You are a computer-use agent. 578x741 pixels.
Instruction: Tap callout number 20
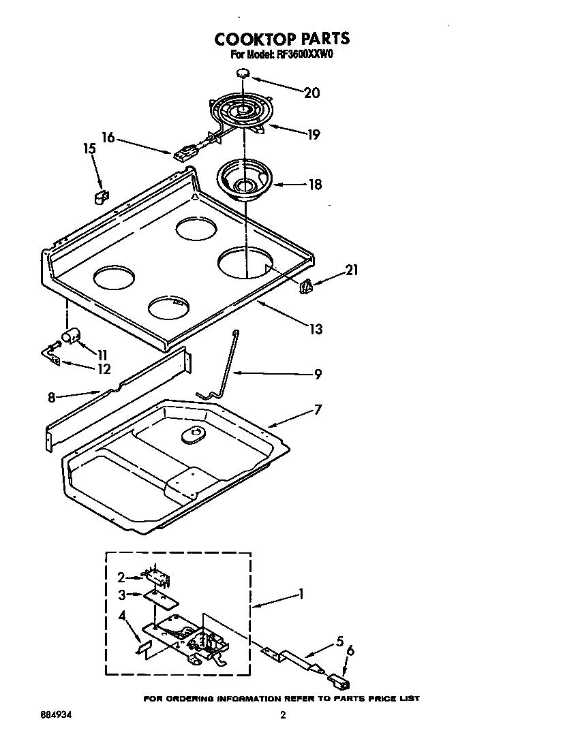[x=311, y=93]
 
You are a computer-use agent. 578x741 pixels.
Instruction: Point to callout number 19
[x=312, y=134]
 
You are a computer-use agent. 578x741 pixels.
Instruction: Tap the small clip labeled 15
[x=101, y=198]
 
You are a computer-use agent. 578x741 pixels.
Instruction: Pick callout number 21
[x=352, y=270]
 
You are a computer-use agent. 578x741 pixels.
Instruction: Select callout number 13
[x=315, y=329]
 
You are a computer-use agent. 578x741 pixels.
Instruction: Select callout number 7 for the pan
[x=318, y=410]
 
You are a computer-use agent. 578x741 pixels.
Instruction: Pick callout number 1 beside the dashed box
[x=301, y=595]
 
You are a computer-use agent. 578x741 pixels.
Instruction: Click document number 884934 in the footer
[x=56, y=715]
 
